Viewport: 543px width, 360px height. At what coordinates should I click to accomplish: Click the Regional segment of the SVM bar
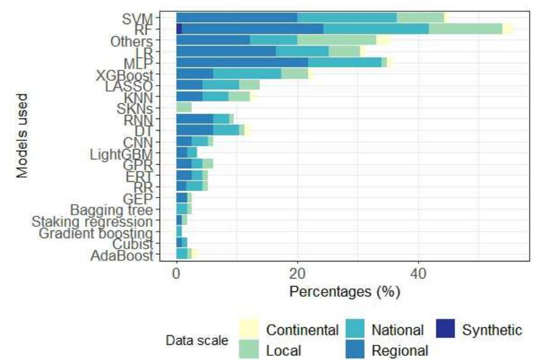click(x=236, y=17)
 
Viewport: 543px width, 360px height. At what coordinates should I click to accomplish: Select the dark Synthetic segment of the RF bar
click(x=179, y=29)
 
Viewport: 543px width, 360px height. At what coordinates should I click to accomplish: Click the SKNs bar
click(x=184, y=107)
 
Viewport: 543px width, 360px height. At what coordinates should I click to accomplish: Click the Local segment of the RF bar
click(x=466, y=29)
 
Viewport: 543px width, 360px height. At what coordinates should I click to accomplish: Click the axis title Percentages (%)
click(x=345, y=292)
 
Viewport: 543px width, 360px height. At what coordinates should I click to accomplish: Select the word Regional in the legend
click(x=400, y=351)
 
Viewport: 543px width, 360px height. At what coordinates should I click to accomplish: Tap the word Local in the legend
click(x=284, y=351)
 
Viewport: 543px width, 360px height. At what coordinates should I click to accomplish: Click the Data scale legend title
click(x=198, y=341)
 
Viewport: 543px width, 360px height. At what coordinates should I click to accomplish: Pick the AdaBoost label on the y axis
click(x=122, y=255)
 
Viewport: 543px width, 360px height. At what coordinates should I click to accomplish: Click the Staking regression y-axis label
click(x=92, y=222)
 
